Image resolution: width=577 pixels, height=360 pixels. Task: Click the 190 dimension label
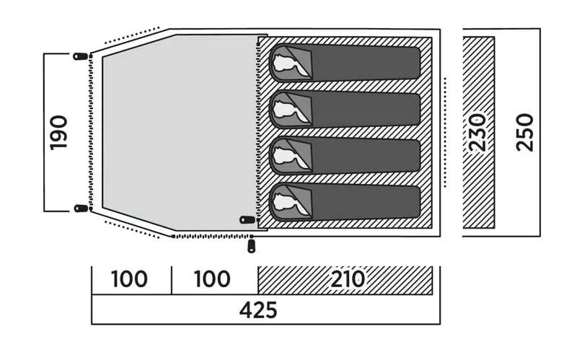[59, 133]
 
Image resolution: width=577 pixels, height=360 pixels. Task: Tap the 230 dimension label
[478, 133]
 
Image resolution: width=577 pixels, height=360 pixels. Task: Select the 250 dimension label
[525, 133]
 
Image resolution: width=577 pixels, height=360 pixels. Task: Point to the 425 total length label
[258, 310]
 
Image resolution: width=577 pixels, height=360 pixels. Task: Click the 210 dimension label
[348, 279]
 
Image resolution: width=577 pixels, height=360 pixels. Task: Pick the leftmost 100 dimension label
[129, 279]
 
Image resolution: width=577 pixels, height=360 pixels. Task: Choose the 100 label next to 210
[212, 279]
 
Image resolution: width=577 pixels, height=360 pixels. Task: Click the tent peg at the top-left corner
[81, 56]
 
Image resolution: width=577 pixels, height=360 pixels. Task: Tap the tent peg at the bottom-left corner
[81, 208]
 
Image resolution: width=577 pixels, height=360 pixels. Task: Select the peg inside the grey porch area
[247, 220]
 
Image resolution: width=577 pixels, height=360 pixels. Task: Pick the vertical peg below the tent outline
[251, 246]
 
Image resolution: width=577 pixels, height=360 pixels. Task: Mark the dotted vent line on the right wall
[445, 132]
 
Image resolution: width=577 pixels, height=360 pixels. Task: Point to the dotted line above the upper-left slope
[132, 35]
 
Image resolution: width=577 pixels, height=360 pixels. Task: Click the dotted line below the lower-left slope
[132, 229]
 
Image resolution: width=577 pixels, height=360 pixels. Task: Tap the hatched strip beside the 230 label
[478, 133]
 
